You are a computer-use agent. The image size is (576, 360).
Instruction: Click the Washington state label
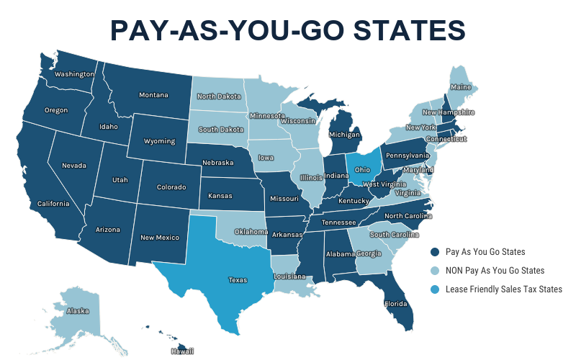74,74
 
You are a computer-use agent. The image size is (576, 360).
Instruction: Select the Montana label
153,95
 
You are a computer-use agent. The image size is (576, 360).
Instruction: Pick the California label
54,204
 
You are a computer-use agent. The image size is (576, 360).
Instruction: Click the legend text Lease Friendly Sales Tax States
503,289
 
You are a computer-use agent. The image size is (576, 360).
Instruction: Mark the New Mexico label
159,237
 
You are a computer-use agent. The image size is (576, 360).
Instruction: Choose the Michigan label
344,135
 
